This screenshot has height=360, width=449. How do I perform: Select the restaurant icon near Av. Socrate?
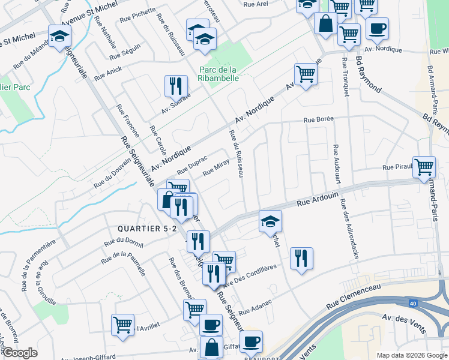[x=176, y=86]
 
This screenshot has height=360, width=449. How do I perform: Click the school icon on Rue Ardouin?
[x=270, y=221]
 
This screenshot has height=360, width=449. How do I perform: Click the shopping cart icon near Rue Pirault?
[x=424, y=166]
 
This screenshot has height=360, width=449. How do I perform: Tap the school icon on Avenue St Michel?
[x=60, y=36]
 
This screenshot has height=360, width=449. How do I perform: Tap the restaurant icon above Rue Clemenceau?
[x=301, y=258]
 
